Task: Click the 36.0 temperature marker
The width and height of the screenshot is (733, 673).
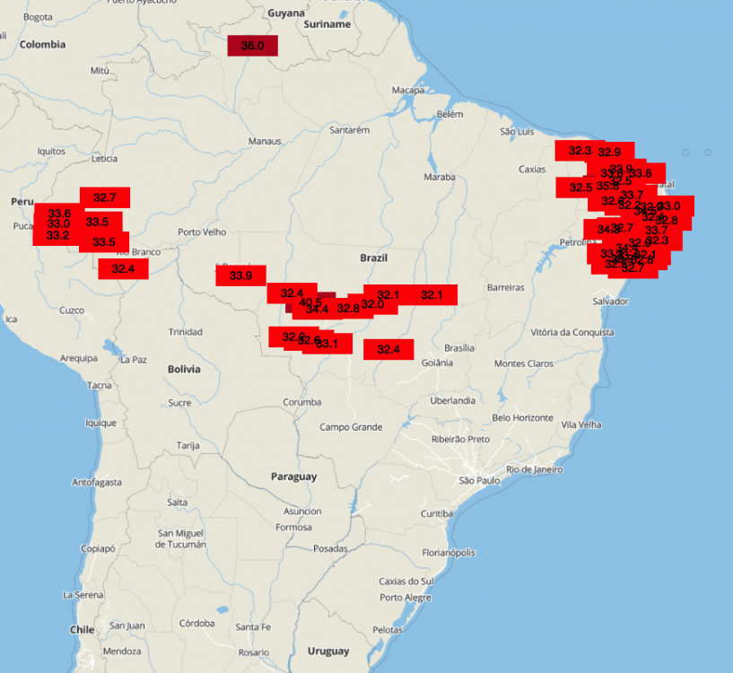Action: pos(252,46)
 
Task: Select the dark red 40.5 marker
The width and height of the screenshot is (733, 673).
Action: pos(311,302)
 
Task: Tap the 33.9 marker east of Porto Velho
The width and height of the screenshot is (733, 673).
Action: pos(240,275)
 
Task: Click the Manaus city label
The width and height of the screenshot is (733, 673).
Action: pos(265,142)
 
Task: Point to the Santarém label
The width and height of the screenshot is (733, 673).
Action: pos(350,130)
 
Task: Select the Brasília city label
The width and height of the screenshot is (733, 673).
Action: pos(458,347)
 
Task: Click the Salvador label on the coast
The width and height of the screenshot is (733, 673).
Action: pos(610,302)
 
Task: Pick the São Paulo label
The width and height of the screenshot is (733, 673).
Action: pos(479,480)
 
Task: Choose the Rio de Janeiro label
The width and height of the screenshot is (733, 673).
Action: pos(535,469)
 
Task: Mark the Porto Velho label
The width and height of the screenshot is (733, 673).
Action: pos(202,232)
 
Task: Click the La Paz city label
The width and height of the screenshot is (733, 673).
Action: pos(133,359)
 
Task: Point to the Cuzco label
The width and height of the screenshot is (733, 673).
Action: pos(72,310)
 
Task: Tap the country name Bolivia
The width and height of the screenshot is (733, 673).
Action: pos(184,369)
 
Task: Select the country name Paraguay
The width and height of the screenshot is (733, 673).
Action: pos(293,476)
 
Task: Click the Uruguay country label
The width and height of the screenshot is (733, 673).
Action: pos(327,651)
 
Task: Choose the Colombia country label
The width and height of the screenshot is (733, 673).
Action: pos(43,44)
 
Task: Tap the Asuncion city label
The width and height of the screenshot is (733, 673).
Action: pos(302,511)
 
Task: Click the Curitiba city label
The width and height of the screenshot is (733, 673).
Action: pos(437,513)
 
